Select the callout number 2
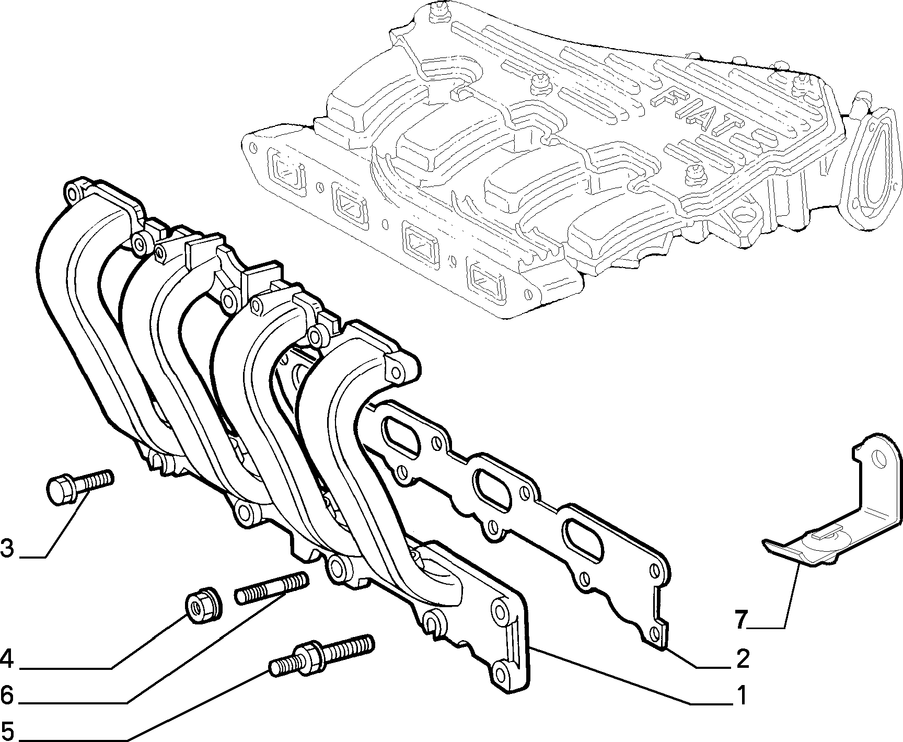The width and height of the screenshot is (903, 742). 743,659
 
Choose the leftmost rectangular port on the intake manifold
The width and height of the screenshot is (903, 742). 287,172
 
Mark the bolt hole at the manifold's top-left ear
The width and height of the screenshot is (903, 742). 72,195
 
